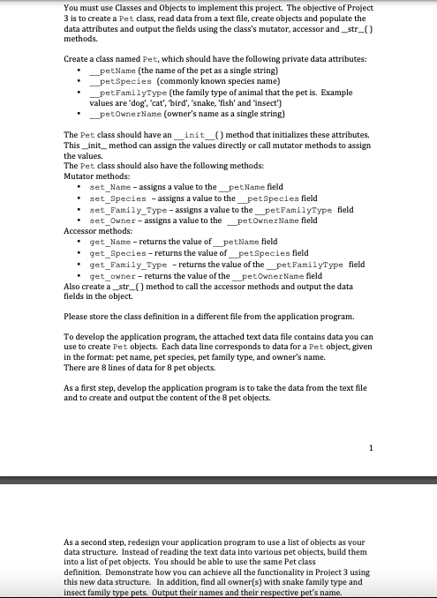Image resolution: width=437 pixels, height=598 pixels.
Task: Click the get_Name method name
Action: click(x=108, y=242)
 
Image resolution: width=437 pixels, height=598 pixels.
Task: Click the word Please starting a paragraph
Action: click(x=77, y=316)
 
